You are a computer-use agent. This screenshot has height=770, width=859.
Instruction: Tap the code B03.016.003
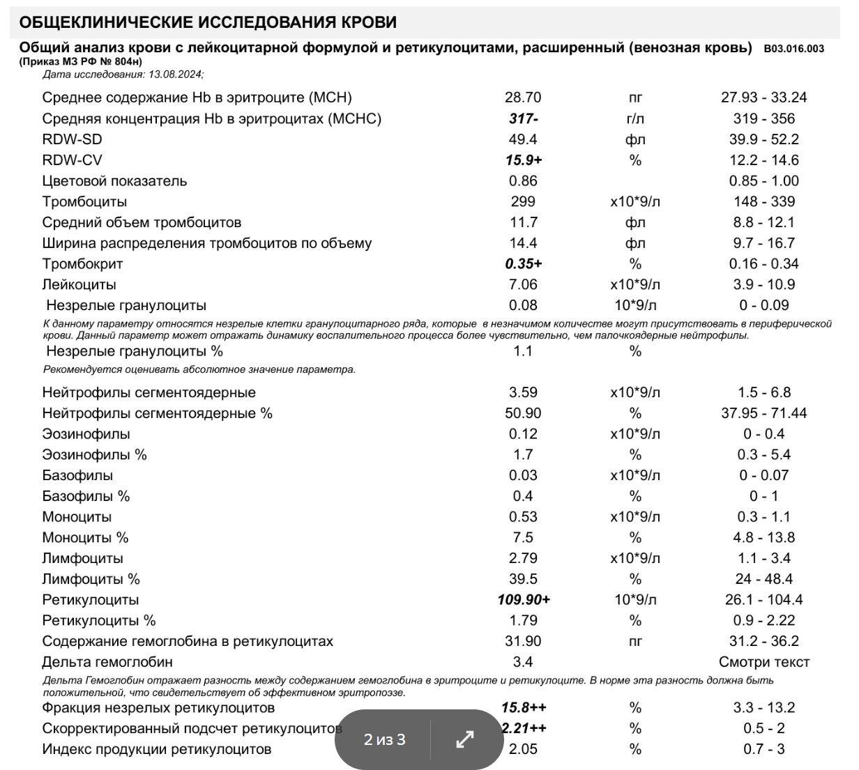click(794, 49)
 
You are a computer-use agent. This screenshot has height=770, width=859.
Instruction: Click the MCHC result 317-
click(523, 118)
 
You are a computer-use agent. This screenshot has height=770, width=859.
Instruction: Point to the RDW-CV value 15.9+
click(524, 160)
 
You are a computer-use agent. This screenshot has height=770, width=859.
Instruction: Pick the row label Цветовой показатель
click(114, 181)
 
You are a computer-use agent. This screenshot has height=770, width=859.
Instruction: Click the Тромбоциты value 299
click(523, 202)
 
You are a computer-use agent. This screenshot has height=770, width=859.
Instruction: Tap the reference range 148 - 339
click(763, 202)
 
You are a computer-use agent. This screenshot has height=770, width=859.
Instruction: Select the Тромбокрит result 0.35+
click(524, 264)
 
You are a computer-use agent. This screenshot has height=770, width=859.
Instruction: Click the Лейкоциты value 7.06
click(523, 285)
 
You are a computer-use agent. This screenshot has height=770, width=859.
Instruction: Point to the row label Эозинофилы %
click(94, 455)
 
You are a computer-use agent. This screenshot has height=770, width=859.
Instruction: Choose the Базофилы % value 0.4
click(523, 496)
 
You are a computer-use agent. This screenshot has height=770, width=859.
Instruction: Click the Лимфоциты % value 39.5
click(523, 579)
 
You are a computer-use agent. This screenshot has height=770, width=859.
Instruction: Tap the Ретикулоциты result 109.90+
click(524, 600)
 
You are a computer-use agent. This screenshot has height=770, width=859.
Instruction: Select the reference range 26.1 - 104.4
click(763, 600)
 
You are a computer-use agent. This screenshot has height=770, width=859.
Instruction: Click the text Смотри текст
click(763, 662)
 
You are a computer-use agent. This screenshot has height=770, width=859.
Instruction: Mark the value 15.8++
click(524, 708)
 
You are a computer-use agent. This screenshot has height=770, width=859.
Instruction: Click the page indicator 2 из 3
click(384, 739)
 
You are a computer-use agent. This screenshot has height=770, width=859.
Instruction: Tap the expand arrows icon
click(465, 739)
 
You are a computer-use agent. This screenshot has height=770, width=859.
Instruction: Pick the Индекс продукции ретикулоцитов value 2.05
click(523, 750)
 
